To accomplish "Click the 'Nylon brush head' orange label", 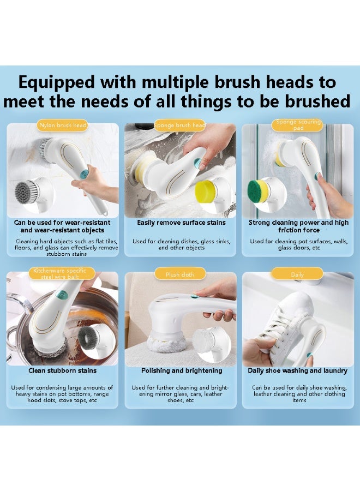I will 63,125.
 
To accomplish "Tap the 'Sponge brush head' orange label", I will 180,125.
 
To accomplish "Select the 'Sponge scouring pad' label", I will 298,125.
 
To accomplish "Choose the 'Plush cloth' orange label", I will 180,274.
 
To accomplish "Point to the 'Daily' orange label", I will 297,274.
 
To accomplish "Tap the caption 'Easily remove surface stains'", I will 181,223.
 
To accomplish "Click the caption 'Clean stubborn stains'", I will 63,370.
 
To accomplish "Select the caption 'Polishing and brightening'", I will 182,370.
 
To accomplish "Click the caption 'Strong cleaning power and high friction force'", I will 298,226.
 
